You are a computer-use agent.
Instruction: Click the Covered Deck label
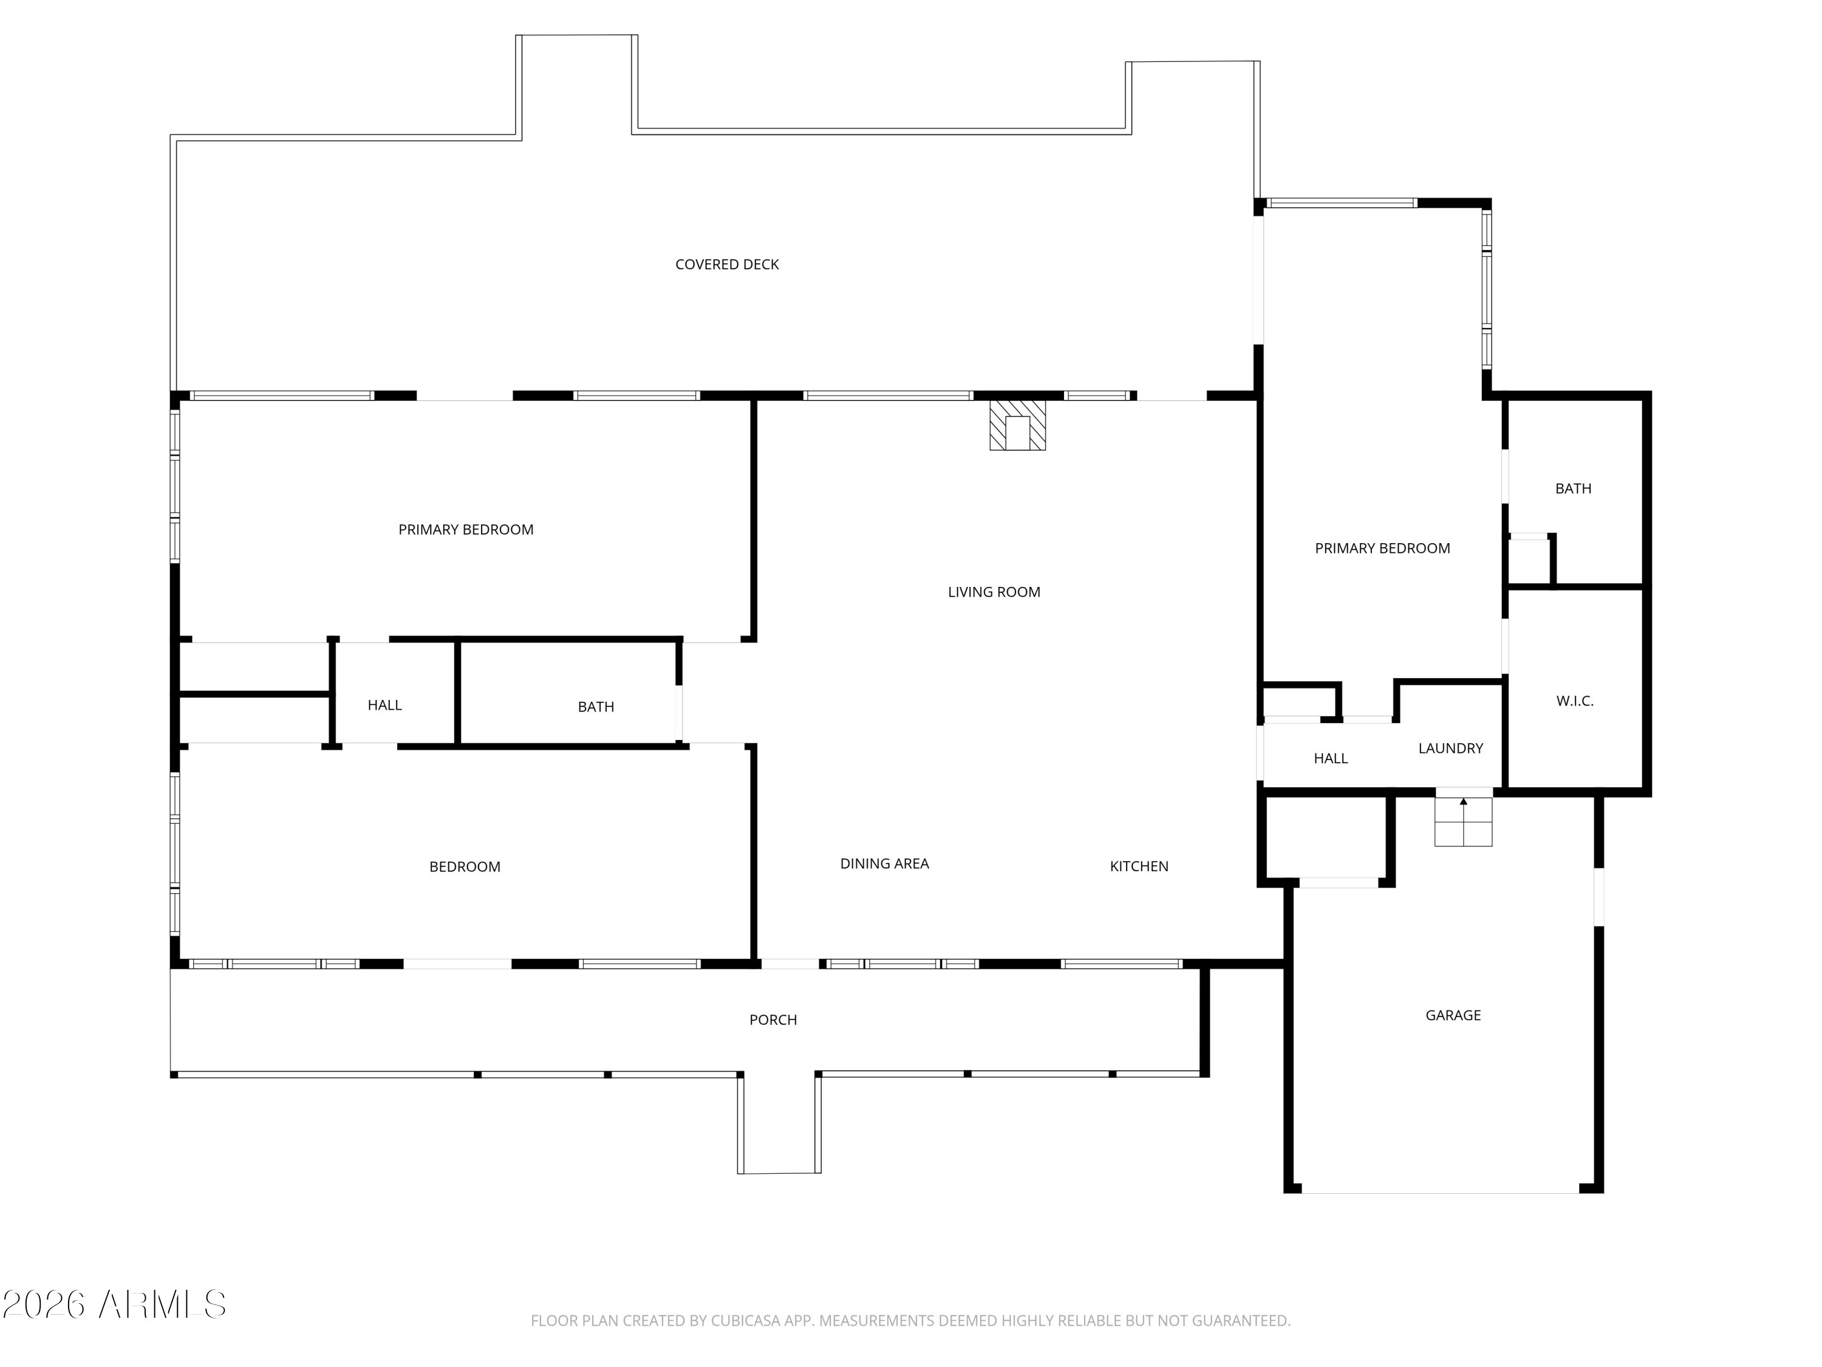click(x=726, y=264)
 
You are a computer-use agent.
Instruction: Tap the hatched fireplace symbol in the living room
click(x=1017, y=425)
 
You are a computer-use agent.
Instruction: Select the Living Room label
click(x=994, y=592)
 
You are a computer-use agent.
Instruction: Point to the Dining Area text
click(x=884, y=863)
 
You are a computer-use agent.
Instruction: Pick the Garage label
click(x=1453, y=1015)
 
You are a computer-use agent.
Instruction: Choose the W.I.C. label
click(x=1575, y=701)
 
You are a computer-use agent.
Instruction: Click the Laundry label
click(x=1450, y=748)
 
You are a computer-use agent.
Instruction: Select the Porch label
click(x=773, y=1020)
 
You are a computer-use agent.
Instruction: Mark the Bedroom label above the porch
click(x=465, y=867)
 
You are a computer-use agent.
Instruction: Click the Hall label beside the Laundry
click(x=1330, y=759)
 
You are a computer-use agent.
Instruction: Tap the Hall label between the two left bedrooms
click(x=384, y=705)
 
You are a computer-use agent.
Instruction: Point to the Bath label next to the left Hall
click(x=596, y=707)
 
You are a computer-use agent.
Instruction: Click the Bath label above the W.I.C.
click(x=1572, y=488)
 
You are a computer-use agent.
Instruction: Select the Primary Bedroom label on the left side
click(x=465, y=530)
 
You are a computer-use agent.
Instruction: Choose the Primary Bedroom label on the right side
click(x=1382, y=549)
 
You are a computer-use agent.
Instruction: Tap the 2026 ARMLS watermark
click(x=115, y=1304)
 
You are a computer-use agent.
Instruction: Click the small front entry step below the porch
click(x=779, y=1125)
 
